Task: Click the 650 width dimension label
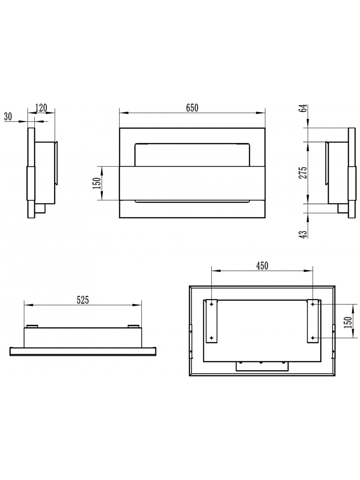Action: pyautogui.click(x=192, y=108)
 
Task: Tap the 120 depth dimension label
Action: pyautogui.click(x=41, y=108)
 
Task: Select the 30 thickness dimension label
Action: pyautogui.click(x=8, y=116)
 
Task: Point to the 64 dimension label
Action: pyautogui.click(x=303, y=109)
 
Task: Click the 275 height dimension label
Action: pyautogui.click(x=303, y=173)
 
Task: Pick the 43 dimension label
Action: pyautogui.click(x=303, y=234)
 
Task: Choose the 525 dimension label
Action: pyautogui.click(x=83, y=300)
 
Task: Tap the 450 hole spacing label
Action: pyautogui.click(x=262, y=266)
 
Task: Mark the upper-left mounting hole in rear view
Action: pyautogui.click(x=212, y=304)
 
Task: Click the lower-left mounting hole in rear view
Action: pyautogui.click(x=212, y=338)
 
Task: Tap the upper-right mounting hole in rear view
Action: pyautogui.click(x=312, y=304)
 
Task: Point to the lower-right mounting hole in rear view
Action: pyautogui.click(x=312, y=338)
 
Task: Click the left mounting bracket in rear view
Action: pyautogui.click(x=212, y=321)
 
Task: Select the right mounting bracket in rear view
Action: pyautogui.click(x=312, y=321)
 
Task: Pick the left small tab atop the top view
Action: pyautogui.click(x=33, y=326)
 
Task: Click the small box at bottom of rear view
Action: pyautogui.click(x=262, y=366)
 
